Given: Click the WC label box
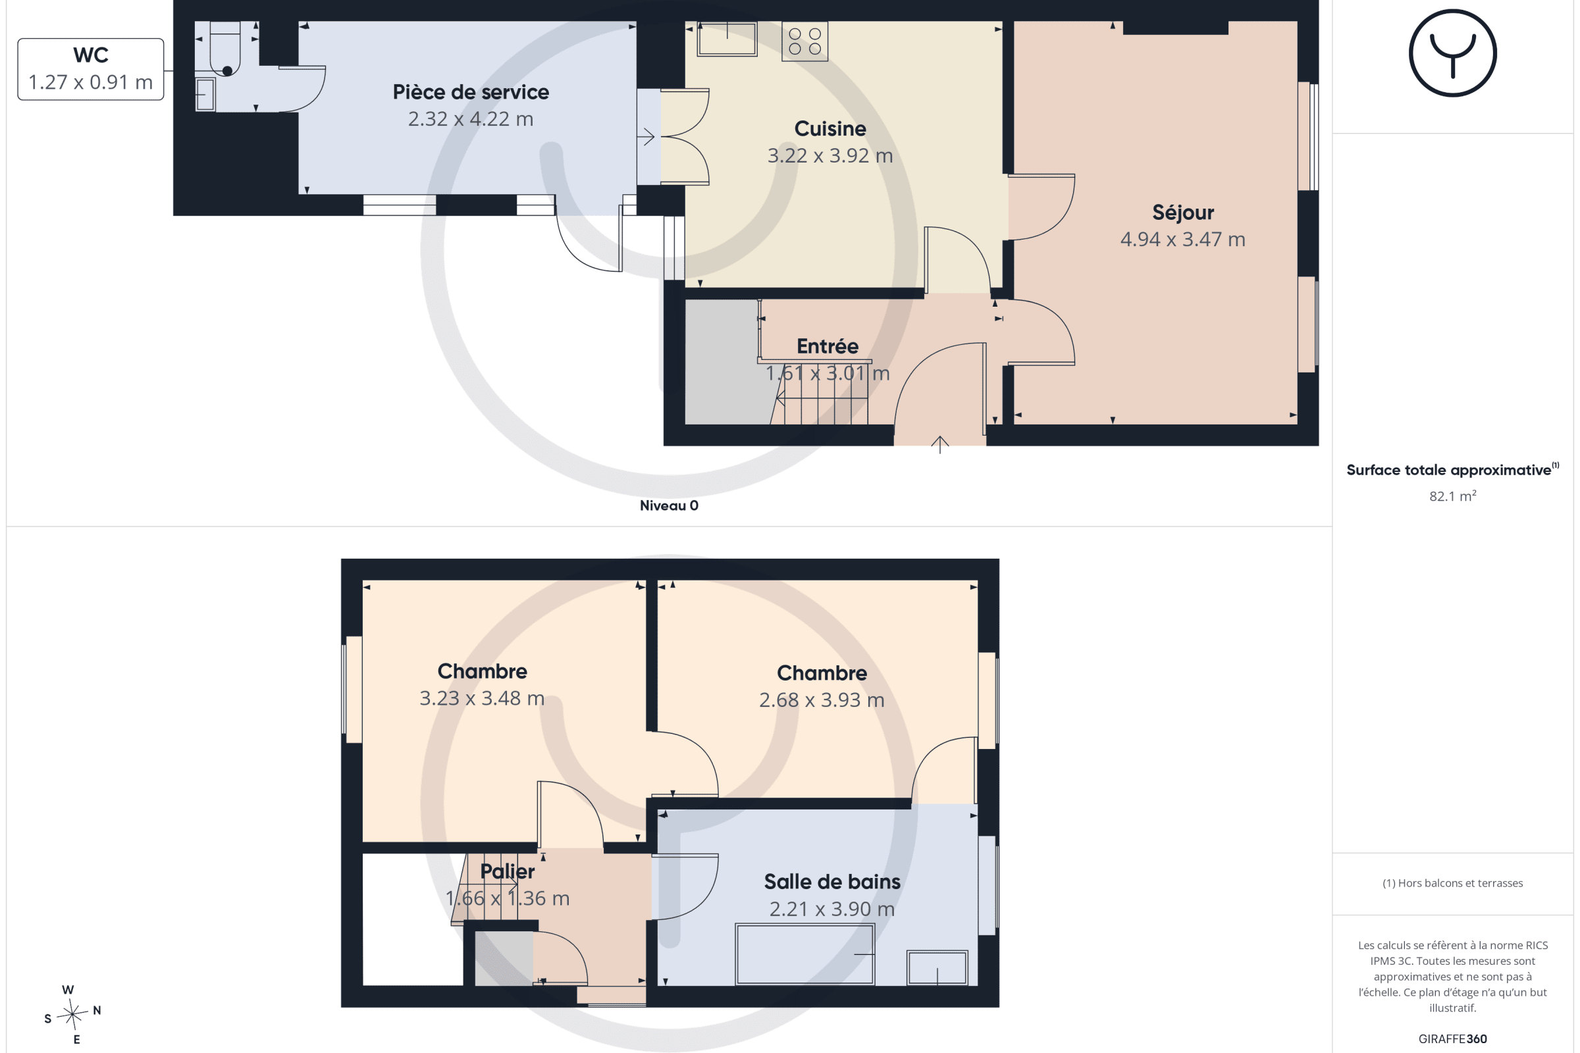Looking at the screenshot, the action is [91, 69].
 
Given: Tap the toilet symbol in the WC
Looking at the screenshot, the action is [225, 49].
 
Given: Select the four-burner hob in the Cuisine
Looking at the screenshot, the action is [804, 41].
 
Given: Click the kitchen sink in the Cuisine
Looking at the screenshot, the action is [727, 39].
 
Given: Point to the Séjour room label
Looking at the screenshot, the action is [1182, 212].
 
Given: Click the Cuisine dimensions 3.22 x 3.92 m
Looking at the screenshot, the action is [829, 156].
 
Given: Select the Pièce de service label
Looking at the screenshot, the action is [470, 92].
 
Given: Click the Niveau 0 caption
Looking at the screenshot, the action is [668, 505].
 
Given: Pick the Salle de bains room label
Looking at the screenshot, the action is [831, 882].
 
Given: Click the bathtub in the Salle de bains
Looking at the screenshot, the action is [804, 954].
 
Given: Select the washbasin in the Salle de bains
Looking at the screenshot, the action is [936, 967].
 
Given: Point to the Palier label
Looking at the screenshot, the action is [507, 871].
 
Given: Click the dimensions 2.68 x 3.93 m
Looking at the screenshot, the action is [821, 700].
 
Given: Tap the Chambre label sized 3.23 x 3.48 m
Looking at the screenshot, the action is [482, 671].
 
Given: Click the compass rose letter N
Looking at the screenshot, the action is [97, 1010].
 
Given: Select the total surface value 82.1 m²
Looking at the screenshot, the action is [1452, 496].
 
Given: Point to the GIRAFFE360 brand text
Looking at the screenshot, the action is [1452, 1039].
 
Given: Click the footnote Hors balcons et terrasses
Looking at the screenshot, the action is [1452, 883].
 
